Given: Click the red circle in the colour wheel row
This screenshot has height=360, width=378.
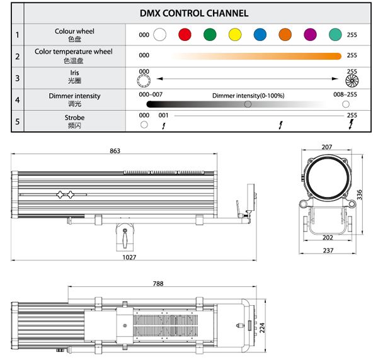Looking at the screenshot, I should coord(185,35).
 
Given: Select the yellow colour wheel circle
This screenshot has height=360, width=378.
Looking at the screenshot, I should coord(235,35).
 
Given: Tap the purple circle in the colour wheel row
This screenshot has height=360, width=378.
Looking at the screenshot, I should coord(311,35).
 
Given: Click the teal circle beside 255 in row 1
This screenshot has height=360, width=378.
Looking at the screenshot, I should coord(336,35).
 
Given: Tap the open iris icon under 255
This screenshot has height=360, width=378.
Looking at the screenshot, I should coord(352,81).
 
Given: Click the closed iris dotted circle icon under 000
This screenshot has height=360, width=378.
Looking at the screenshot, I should coord(144,81).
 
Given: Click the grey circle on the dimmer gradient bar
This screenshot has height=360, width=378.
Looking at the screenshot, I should coord(248,104).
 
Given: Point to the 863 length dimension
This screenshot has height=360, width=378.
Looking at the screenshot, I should coord(115,151).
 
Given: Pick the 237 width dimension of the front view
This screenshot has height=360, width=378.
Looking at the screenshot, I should coord(326,250).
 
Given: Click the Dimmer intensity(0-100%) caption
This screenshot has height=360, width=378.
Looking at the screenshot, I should coord(248,95).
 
